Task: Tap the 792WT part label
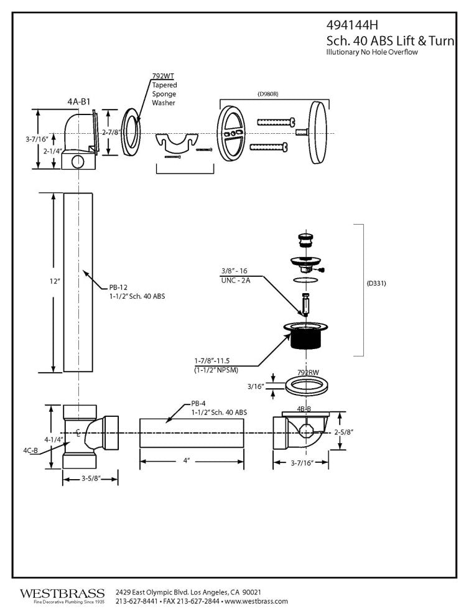pyautogui.click(x=162, y=77)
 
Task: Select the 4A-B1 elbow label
pyautogui.click(x=78, y=100)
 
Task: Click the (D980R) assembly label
pyautogui.click(x=268, y=93)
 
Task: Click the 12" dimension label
pyautogui.click(x=39, y=282)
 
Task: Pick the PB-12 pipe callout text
pyautogui.click(x=118, y=287)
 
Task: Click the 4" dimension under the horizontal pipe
pyautogui.click(x=186, y=461)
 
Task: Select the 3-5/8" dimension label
pyautogui.click(x=91, y=478)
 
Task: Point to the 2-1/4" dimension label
pyautogui.click(x=35, y=150)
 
